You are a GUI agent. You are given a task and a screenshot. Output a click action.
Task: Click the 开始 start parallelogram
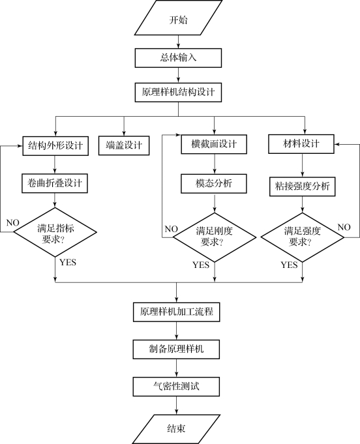178,18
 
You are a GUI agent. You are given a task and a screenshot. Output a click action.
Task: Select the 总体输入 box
178,58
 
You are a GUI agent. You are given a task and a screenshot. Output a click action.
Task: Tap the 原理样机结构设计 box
178,93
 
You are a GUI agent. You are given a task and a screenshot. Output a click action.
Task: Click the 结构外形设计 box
55,146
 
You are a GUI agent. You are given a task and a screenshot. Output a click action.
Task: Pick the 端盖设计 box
124,145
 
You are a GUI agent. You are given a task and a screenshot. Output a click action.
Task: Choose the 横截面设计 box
214,144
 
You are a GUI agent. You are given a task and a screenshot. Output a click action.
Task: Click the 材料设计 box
301,144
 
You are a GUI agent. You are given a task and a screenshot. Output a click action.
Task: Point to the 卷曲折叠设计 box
55,183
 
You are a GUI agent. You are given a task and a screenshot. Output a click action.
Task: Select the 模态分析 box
214,184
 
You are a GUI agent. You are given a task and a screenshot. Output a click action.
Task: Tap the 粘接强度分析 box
302,186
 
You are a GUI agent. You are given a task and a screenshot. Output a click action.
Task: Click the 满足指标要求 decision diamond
55,232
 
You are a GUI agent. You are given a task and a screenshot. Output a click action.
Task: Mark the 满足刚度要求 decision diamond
215,237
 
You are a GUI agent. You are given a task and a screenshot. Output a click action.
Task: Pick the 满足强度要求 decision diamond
302,237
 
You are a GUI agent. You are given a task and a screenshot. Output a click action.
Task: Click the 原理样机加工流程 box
177,312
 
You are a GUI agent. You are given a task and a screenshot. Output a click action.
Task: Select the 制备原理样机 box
176,349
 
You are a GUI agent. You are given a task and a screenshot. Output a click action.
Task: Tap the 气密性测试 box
176,387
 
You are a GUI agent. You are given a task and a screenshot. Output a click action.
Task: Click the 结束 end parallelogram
176,429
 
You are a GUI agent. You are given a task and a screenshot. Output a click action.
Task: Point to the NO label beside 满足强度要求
344,227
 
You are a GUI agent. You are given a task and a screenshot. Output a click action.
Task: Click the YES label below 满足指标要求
68,262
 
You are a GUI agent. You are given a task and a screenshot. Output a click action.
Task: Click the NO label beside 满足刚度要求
171,229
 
